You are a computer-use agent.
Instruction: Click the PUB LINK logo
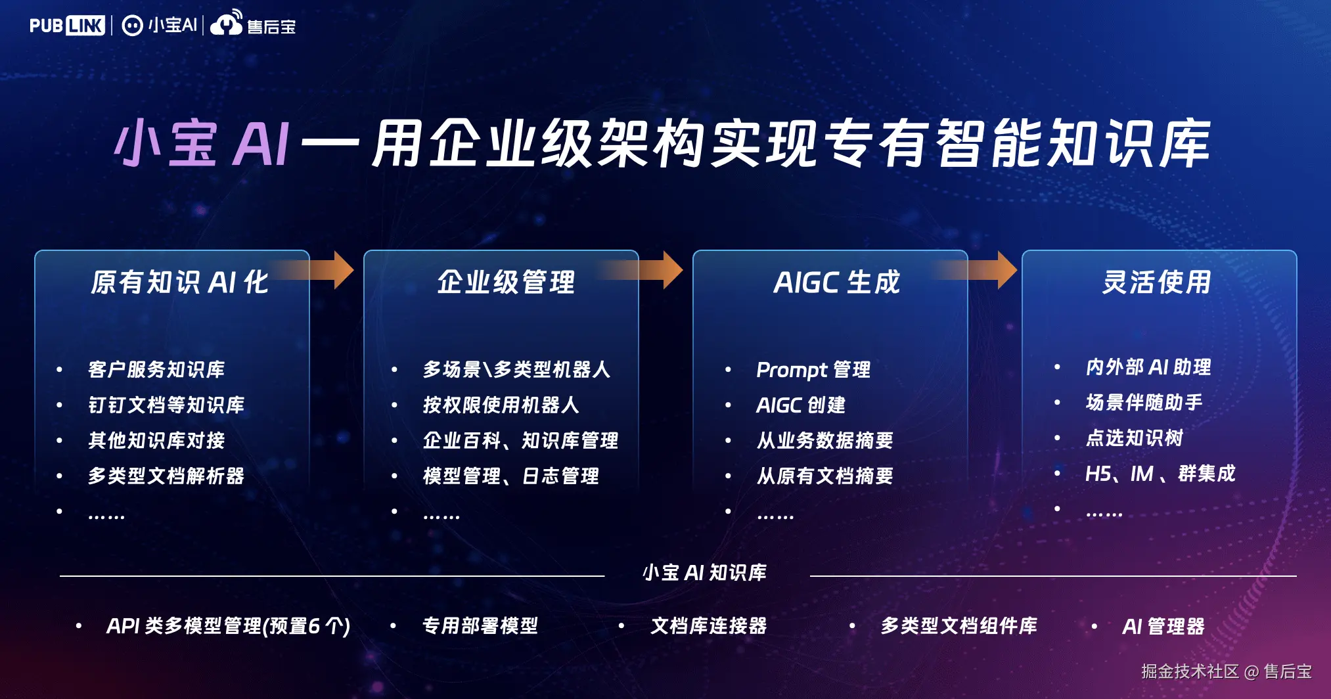(67, 26)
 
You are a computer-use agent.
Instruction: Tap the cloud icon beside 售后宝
(226, 24)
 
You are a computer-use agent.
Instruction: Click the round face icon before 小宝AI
(132, 26)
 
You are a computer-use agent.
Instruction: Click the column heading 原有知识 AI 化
(179, 282)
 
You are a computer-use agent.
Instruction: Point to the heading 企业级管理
(506, 282)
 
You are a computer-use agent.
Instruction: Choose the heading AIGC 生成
(836, 282)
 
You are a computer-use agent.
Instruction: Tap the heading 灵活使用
(1156, 282)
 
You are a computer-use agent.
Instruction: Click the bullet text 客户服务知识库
(156, 369)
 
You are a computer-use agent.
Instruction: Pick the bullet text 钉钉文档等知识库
(166, 405)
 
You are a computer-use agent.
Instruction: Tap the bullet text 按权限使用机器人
(501, 405)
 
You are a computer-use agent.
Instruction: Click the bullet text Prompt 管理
(813, 370)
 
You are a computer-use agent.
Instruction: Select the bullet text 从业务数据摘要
(824, 440)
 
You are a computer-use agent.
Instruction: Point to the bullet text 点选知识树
(1134, 438)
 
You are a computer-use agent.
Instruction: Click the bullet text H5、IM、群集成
(1160, 473)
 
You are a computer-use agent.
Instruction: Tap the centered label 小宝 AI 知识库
(704, 573)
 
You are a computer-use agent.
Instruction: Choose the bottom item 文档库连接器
(708, 625)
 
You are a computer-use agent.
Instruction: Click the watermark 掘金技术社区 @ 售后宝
(1226, 671)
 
